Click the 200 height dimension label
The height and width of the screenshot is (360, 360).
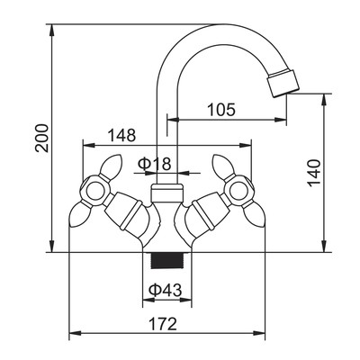click(x=42, y=138)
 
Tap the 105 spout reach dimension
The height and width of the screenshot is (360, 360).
click(x=221, y=110)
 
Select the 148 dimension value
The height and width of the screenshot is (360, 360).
click(x=121, y=135)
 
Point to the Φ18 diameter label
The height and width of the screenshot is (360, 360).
click(x=155, y=164)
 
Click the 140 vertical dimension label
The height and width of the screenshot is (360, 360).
click(x=315, y=173)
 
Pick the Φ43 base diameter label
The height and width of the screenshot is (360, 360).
click(x=166, y=290)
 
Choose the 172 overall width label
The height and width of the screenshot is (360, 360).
click(x=163, y=324)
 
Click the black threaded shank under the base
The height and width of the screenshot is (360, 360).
click(x=167, y=260)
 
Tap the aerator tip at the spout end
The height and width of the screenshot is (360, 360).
click(x=283, y=83)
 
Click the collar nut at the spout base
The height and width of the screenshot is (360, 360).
click(x=166, y=193)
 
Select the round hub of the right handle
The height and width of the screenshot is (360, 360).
click(x=240, y=191)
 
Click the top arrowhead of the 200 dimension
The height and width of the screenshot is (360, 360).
click(x=51, y=31)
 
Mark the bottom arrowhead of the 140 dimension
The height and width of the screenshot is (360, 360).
click(x=324, y=246)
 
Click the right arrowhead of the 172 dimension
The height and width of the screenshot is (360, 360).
click(x=259, y=333)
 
